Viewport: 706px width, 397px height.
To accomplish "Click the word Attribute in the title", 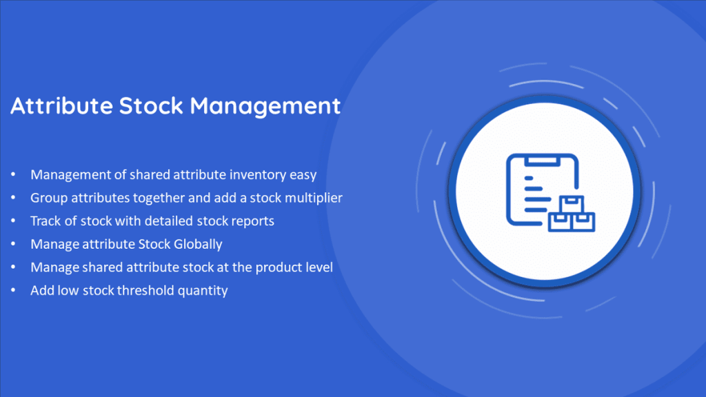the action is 61,105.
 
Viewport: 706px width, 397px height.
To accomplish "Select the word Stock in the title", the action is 151,105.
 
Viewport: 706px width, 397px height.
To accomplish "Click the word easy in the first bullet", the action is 303,175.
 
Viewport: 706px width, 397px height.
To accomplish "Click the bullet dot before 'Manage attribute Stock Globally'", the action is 13,244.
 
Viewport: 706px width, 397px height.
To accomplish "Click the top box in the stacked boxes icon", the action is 572,205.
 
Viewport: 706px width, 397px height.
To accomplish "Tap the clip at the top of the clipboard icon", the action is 543,160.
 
